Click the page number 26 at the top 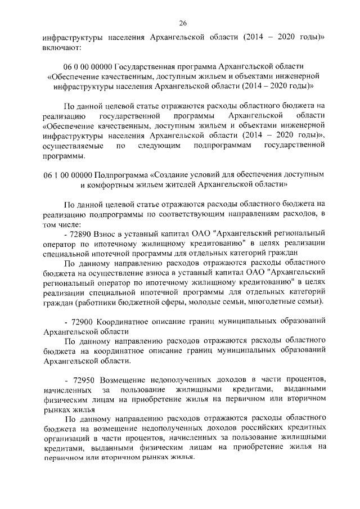183,23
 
